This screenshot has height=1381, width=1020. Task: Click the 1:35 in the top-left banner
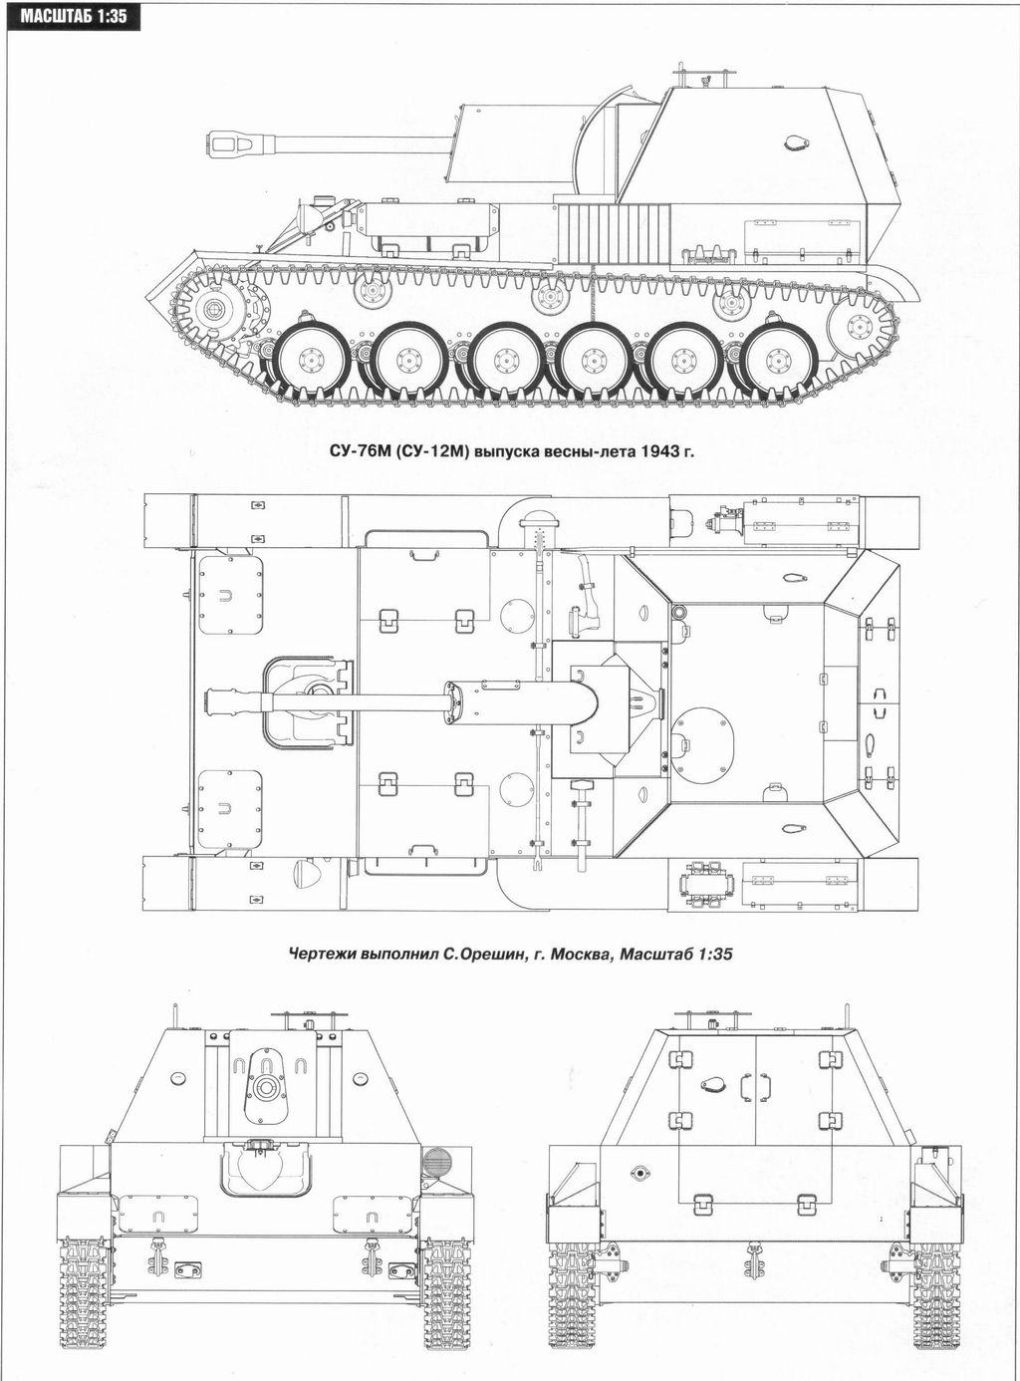click(112, 15)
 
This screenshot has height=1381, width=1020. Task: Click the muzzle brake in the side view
click(231, 143)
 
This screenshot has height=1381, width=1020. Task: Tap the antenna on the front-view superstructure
click(175, 1016)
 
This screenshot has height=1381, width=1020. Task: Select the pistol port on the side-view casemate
click(795, 141)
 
